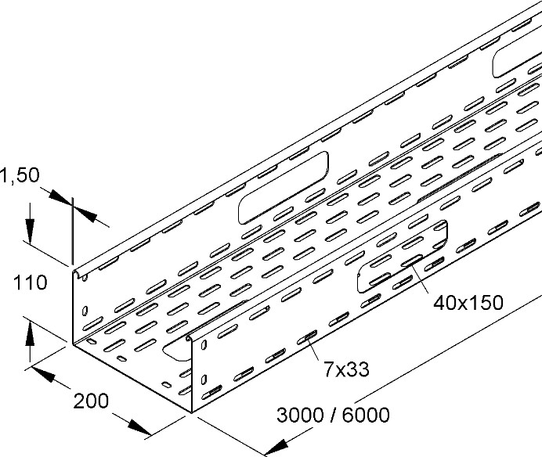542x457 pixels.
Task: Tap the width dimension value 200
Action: coord(92,403)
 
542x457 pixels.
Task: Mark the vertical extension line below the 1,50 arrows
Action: coord(72,235)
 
